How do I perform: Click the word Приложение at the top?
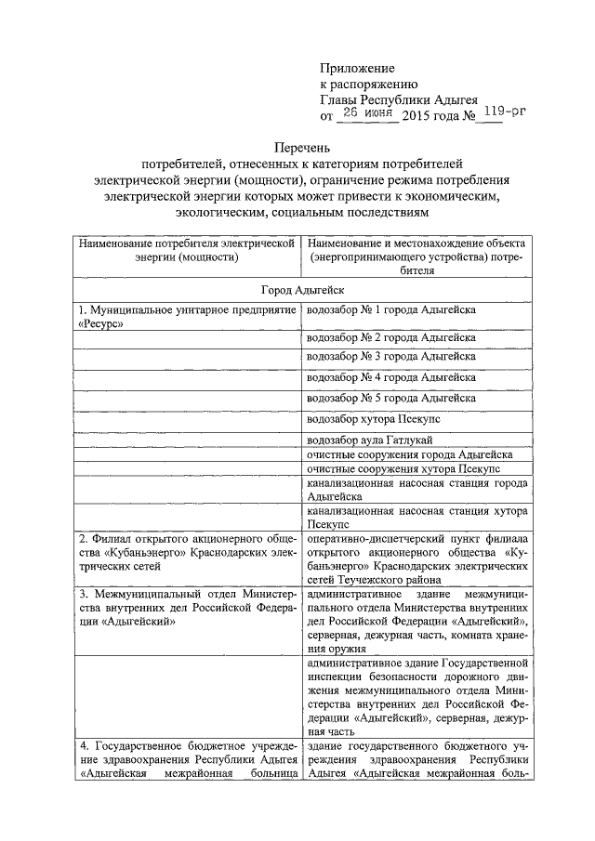click(358, 68)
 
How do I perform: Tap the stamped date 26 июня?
click(369, 112)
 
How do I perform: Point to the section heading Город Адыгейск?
click(302, 291)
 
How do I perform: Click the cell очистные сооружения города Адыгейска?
click(404, 454)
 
